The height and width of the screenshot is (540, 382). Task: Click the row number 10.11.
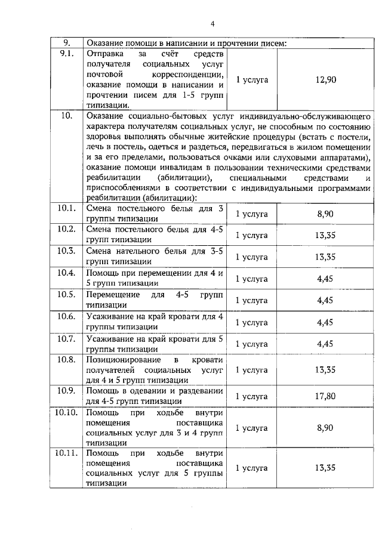(x=66, y=453)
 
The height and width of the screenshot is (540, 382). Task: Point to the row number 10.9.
(x=66, y=391)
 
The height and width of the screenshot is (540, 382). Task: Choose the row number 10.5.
(x=66, y=295)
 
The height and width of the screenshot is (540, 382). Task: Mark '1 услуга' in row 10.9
(x=252, y=396)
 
